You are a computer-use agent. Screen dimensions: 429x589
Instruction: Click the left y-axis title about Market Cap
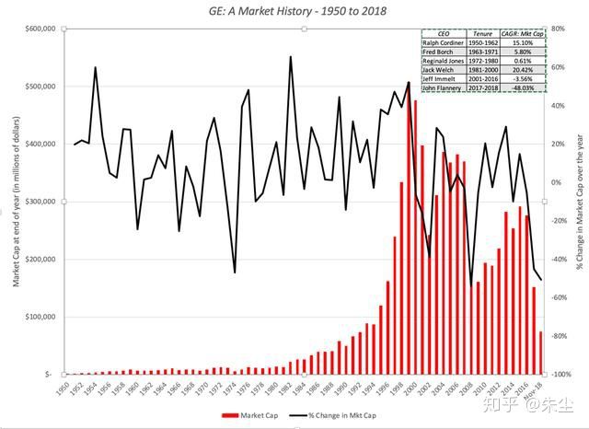(x=16, y=203)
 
